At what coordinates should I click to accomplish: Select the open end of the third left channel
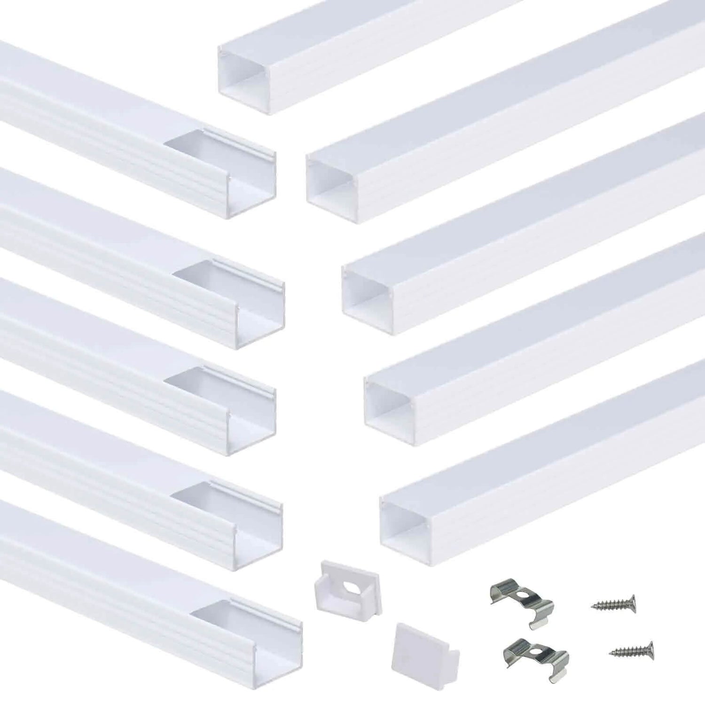251,418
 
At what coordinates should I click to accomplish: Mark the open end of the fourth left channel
258,531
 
